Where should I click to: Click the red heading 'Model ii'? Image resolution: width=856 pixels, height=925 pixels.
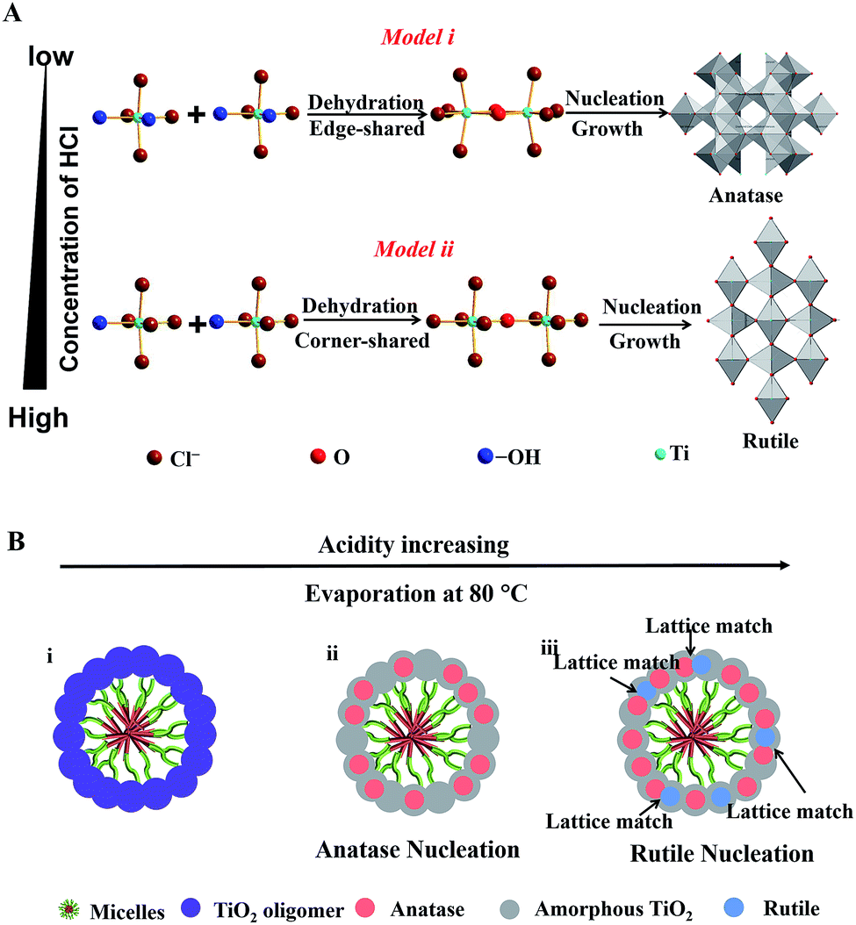[411, 247]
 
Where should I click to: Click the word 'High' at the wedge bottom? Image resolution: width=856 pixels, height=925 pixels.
[40, 419]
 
